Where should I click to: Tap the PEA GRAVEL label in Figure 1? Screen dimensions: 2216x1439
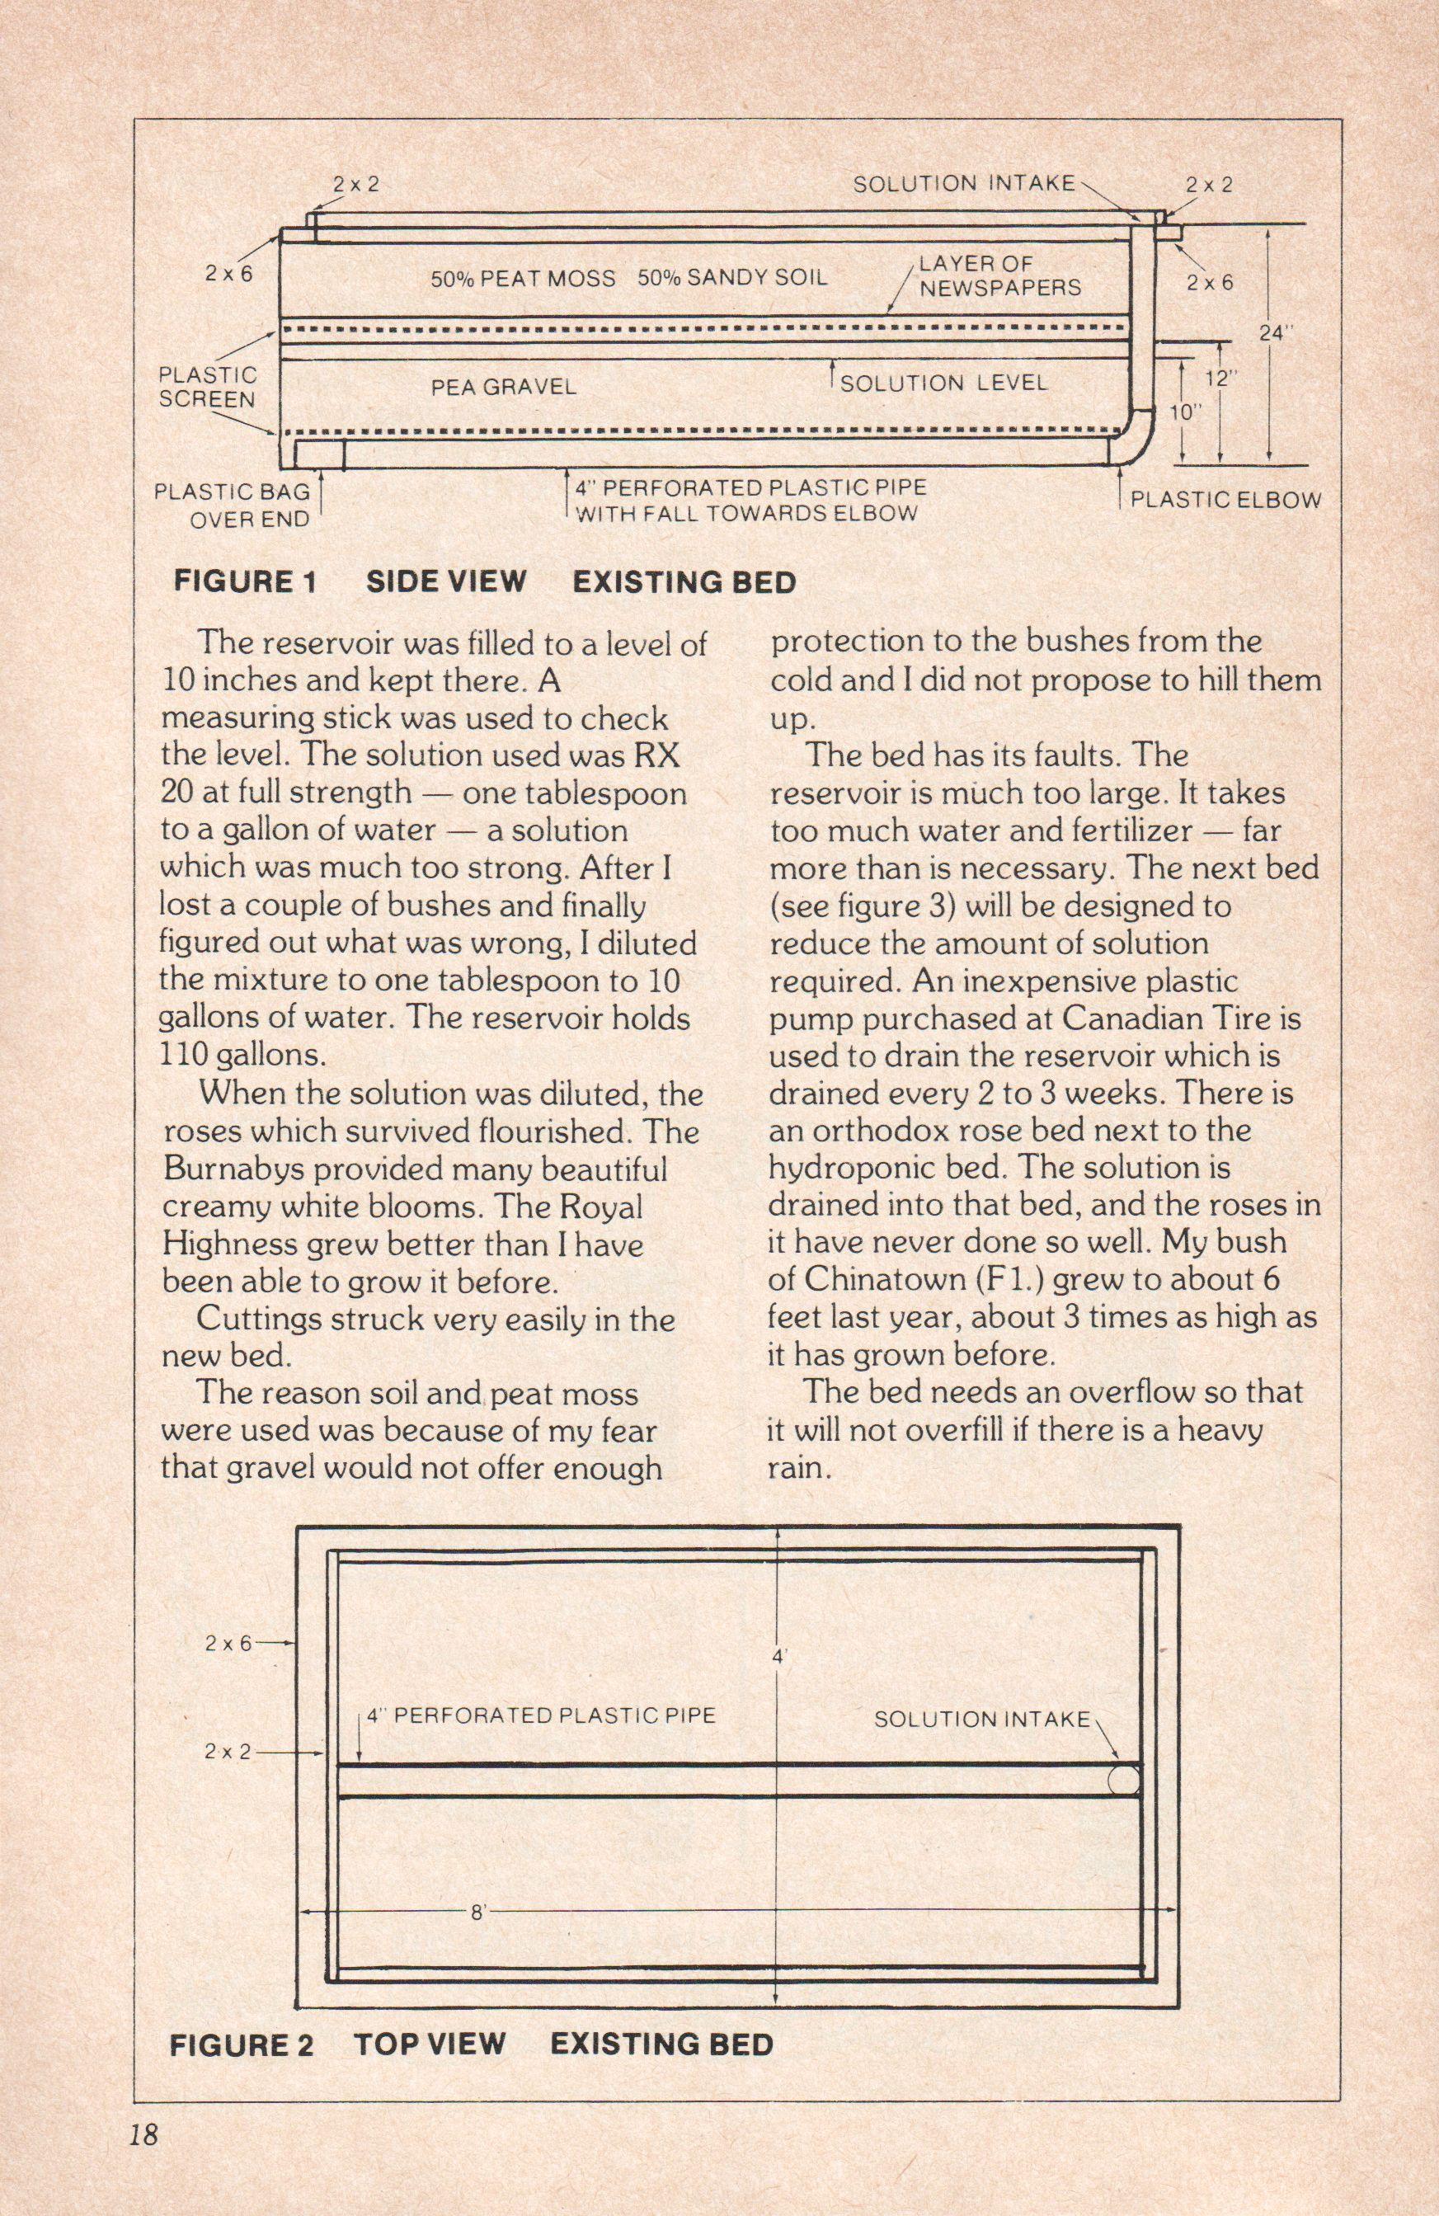click(x=504, y=387)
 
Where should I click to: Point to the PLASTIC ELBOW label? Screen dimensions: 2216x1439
click(x=1225, y=499)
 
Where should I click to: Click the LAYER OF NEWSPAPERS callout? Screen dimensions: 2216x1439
click(x=999, y=275)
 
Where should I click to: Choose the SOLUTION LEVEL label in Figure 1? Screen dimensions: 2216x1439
click(x=943, y=383)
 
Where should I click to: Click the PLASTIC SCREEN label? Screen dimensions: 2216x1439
click(x=207, y=388)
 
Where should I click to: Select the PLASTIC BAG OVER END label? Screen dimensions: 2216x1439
click(x=233, y=505)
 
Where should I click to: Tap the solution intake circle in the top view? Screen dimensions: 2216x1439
click(x=1123, y=1781)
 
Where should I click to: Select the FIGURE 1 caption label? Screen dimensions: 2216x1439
click(x=245, y=583)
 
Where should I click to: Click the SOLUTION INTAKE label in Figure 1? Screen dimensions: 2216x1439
click(x=963, y=183)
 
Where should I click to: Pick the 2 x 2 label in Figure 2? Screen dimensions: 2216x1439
click(x=228, y=1752)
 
